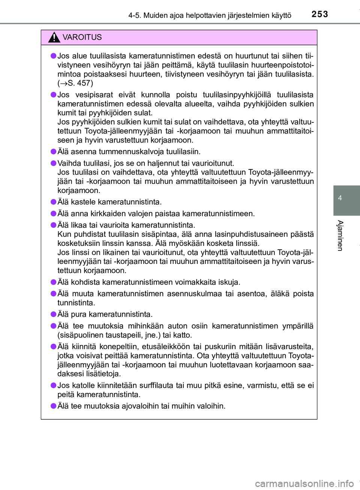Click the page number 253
click(x=319, y=14)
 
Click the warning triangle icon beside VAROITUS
click(x=54, y=37)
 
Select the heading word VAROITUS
click(x=82, y=37)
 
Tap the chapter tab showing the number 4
click(x=340, y=198)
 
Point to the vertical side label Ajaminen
click(x=340, y=235)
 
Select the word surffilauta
click(x=156, y=385)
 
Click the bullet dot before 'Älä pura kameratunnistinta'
click(x=54, y=314)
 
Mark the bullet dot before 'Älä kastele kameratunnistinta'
click(x=54, y=202)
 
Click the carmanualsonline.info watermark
click(x=304, y=483)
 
